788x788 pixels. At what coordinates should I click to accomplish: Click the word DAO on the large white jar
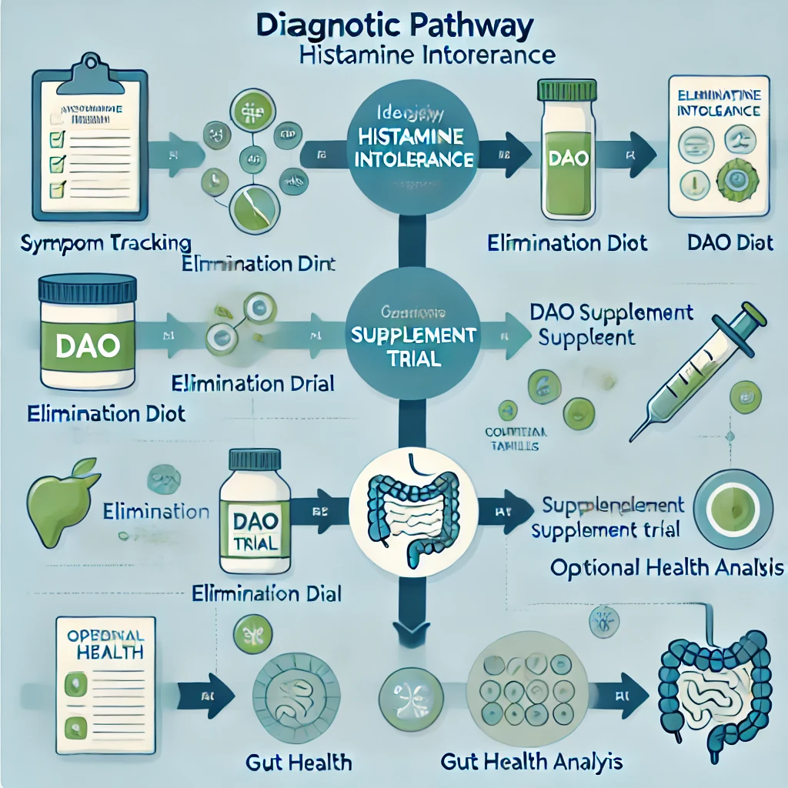[87, 344]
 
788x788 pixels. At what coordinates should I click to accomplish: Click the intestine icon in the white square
[414, 509]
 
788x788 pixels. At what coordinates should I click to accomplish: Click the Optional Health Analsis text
[667, 568]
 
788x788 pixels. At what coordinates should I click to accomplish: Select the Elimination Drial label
[253, 382]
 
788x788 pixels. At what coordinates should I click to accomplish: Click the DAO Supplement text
[611, 312]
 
